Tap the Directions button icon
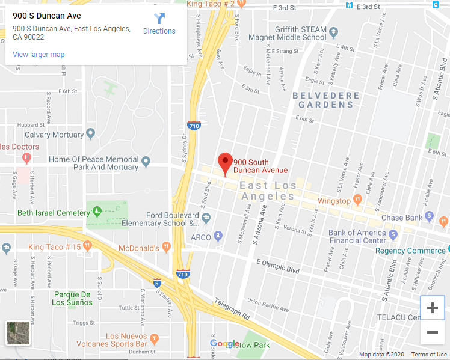pyautogui.click(x=159, y=19)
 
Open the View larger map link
pyautogui.click(x=39, y=55)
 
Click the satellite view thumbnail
pyautogui.click(x=19, y=334)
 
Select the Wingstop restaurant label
pyautogui.click(x=334, y=201)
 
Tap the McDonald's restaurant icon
pyautogui.click(x=167, y=246)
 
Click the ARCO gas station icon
pyautogui.click(x=218, y=236)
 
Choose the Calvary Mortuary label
pyautogui.click(x=54, y=135)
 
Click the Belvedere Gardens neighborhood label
pyautogui.click(x=326, y=100)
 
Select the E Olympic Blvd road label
pyautogui.click(x=278, y=266)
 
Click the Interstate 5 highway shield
pyautogui.click(x=157, y=283)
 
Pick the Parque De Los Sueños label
pyautogui.click(x=73, y=298)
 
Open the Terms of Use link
pyautogui.click(x=429, y=355)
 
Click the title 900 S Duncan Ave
pyautogui.click(x=47, y=15)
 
